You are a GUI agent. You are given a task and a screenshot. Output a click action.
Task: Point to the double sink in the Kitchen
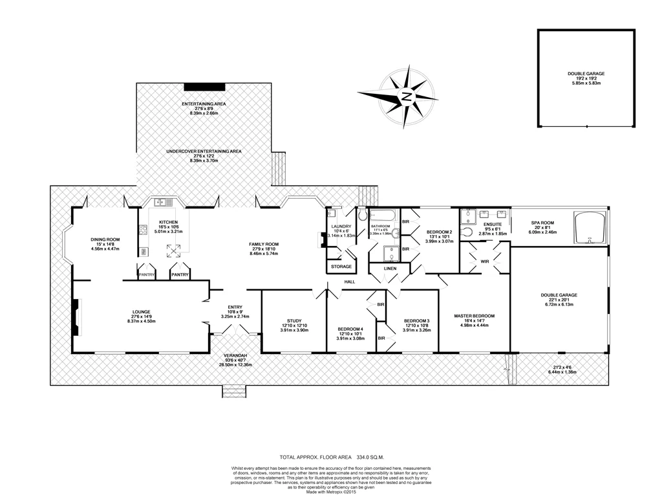[x=164, y=203]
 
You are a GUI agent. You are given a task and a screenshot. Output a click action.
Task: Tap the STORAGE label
[x=341, y=267]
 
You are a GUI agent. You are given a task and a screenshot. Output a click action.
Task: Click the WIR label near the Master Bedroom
[x=485, y=262]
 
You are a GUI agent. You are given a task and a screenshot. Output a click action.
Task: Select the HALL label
[x=350, y=282]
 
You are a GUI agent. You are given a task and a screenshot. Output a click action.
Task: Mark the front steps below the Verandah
[x=234, y=392]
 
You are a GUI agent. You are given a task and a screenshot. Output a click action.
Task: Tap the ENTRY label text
[x=235, y=307]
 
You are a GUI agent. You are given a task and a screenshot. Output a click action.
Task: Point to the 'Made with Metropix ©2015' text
[x=330, y=491]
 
